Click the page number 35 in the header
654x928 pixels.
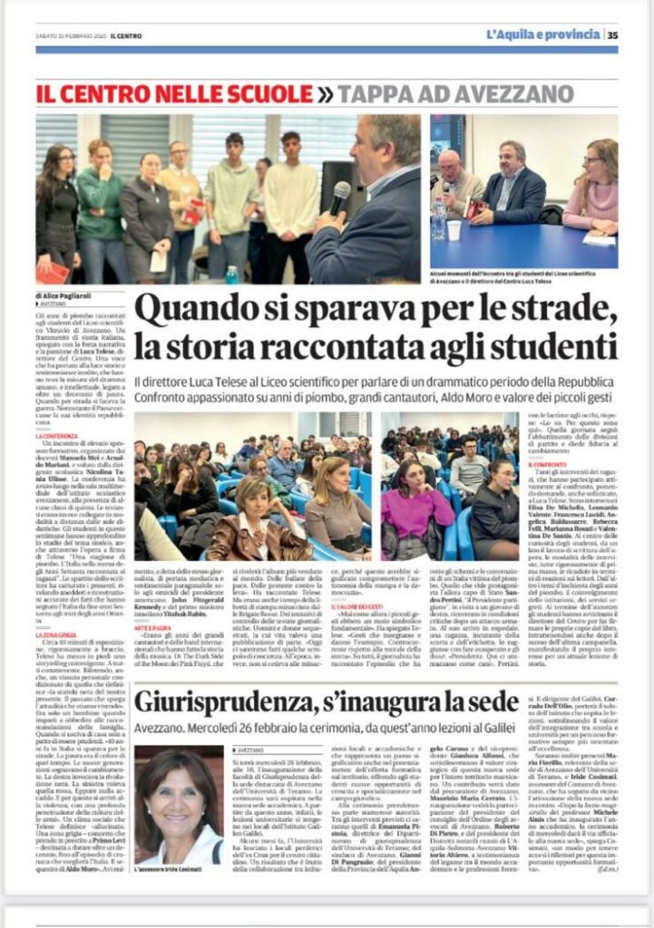click(613, 34)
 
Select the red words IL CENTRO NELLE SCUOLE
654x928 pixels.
click(173, 93)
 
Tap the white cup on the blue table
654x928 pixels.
click(454, 230)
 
